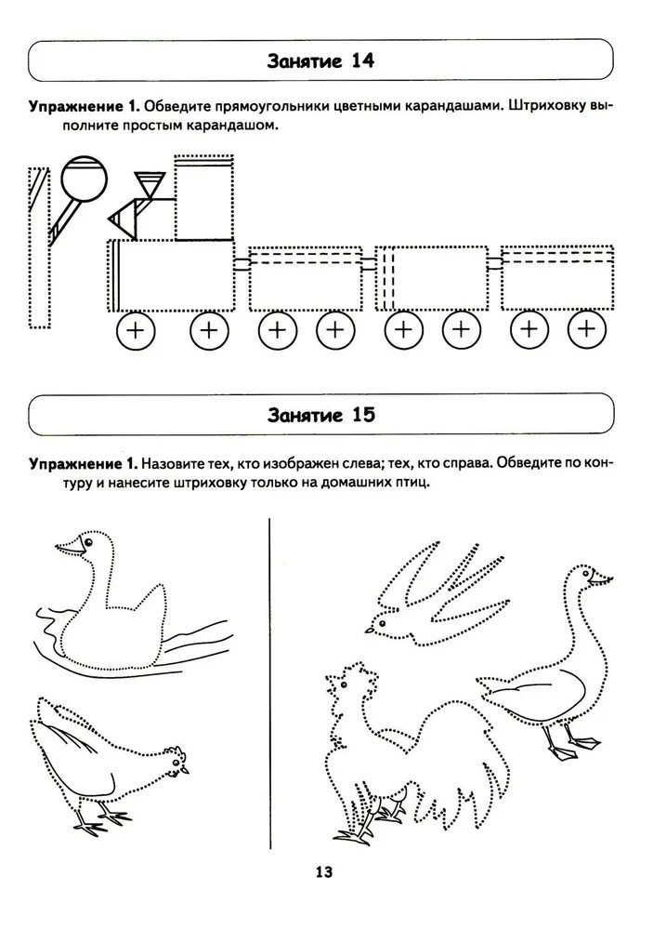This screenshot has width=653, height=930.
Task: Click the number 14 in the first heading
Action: [362, 61]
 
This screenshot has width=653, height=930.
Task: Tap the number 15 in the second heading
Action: [363, 415]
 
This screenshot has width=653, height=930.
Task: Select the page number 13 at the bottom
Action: [324, 872]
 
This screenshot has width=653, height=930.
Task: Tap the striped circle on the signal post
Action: [85, 179]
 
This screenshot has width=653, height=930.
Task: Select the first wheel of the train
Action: [136, 330]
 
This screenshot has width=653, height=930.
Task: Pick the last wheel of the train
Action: [587, 328]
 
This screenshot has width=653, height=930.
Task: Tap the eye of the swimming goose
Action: [89, 542]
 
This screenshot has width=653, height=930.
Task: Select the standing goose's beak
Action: [603, 579]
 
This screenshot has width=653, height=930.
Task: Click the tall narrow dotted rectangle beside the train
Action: [38, 248]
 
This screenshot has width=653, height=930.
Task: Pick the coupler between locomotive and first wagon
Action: [242, 264]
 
